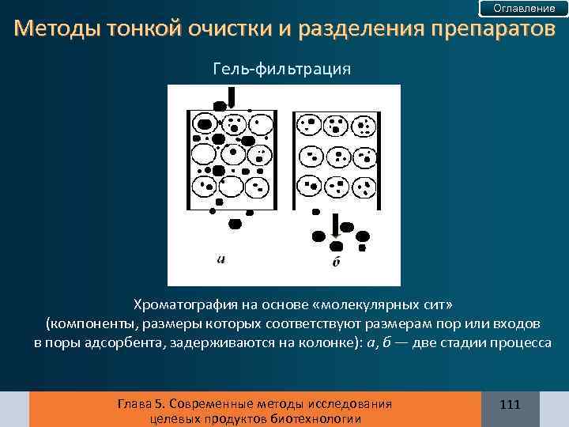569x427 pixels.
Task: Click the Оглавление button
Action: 524,9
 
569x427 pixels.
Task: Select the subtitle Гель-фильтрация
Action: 282,69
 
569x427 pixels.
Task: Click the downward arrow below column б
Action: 336,225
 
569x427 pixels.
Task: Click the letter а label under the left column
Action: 220,258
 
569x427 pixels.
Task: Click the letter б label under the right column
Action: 336,262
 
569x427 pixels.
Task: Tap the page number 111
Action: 511,405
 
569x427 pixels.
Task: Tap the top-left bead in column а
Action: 204,124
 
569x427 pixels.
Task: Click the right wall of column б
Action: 379,158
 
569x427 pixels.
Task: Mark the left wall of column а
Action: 187,158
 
